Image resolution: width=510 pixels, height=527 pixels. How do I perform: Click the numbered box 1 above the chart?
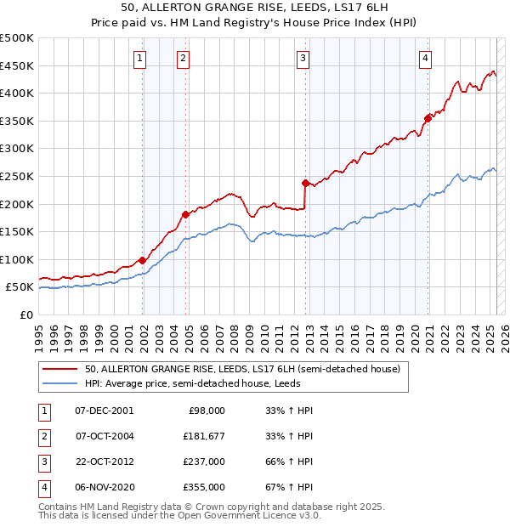(139, 58)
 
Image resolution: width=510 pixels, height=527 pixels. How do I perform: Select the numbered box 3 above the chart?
(303, 58)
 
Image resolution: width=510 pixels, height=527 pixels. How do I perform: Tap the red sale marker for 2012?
(305, 183)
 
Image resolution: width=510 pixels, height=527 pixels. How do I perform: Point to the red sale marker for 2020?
(428, 118)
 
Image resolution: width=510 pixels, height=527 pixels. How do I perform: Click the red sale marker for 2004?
(185, 214)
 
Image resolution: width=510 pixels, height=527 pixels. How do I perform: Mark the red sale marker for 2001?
(142, 260)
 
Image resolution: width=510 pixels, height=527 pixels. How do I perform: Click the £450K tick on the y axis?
(17, 65)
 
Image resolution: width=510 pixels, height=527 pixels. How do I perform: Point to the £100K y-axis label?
(17, 259)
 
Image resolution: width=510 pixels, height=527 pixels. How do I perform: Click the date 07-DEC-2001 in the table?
(105, 411)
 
